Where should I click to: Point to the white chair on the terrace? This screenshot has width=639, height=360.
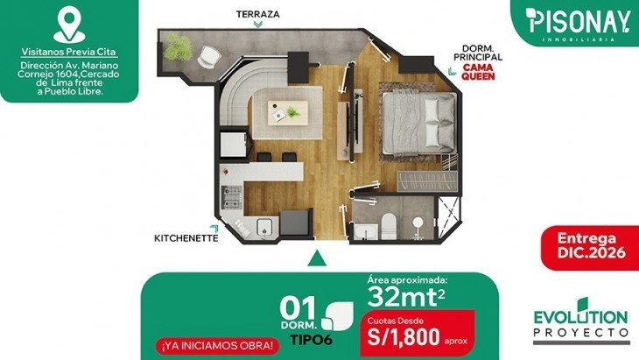click(207, 56)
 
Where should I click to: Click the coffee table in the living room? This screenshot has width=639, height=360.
click(289, 110)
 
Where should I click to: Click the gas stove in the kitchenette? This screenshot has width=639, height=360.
click(230, 197)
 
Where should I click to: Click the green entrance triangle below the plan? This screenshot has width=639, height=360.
click(319, 259)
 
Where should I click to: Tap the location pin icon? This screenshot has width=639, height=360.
click(68, 25)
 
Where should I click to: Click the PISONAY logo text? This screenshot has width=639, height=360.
click(579, 18)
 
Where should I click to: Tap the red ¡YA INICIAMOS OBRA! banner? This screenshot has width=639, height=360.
click(215, 345)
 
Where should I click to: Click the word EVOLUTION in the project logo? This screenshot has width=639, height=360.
click(581, 316)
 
